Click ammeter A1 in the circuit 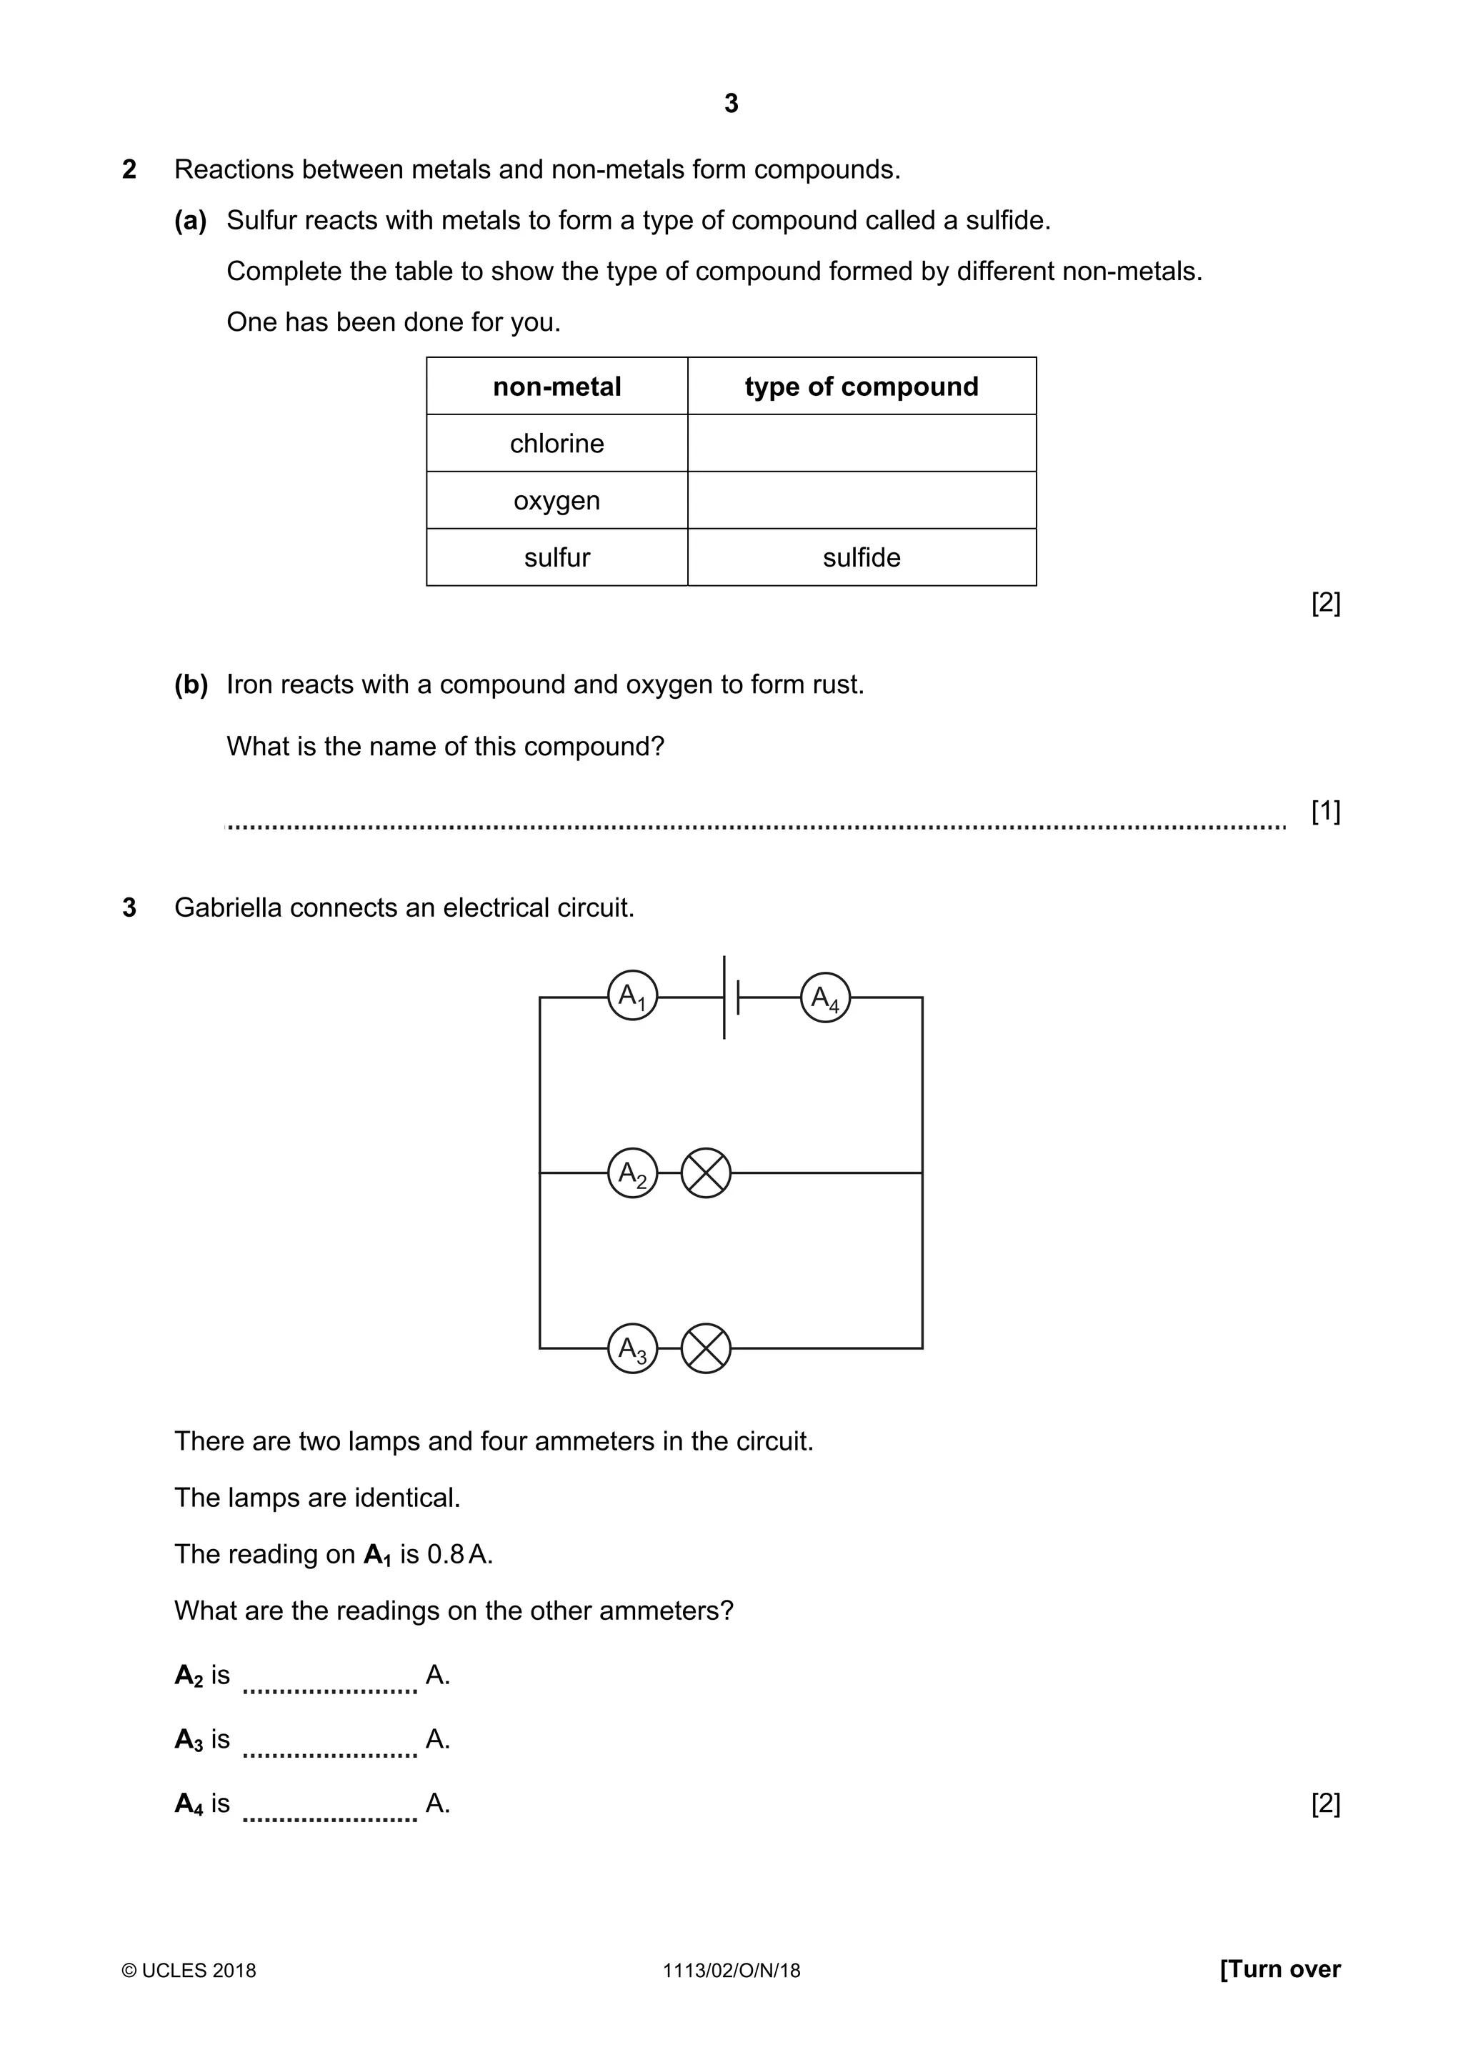633,996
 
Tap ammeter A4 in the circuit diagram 825,997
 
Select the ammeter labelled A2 633,1173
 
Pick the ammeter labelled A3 633,1349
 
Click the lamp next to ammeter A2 706,1173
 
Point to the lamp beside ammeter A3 706,1349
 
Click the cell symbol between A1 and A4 730,997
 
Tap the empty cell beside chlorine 861,444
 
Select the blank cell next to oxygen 861,500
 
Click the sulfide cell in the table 861,557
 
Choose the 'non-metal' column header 556,387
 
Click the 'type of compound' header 861,387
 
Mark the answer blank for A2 330,1678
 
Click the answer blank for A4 330,1807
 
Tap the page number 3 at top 731,104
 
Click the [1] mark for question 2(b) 1325,812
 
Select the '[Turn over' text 1280,1969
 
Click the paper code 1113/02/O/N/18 731,1971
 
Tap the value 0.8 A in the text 459,1554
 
